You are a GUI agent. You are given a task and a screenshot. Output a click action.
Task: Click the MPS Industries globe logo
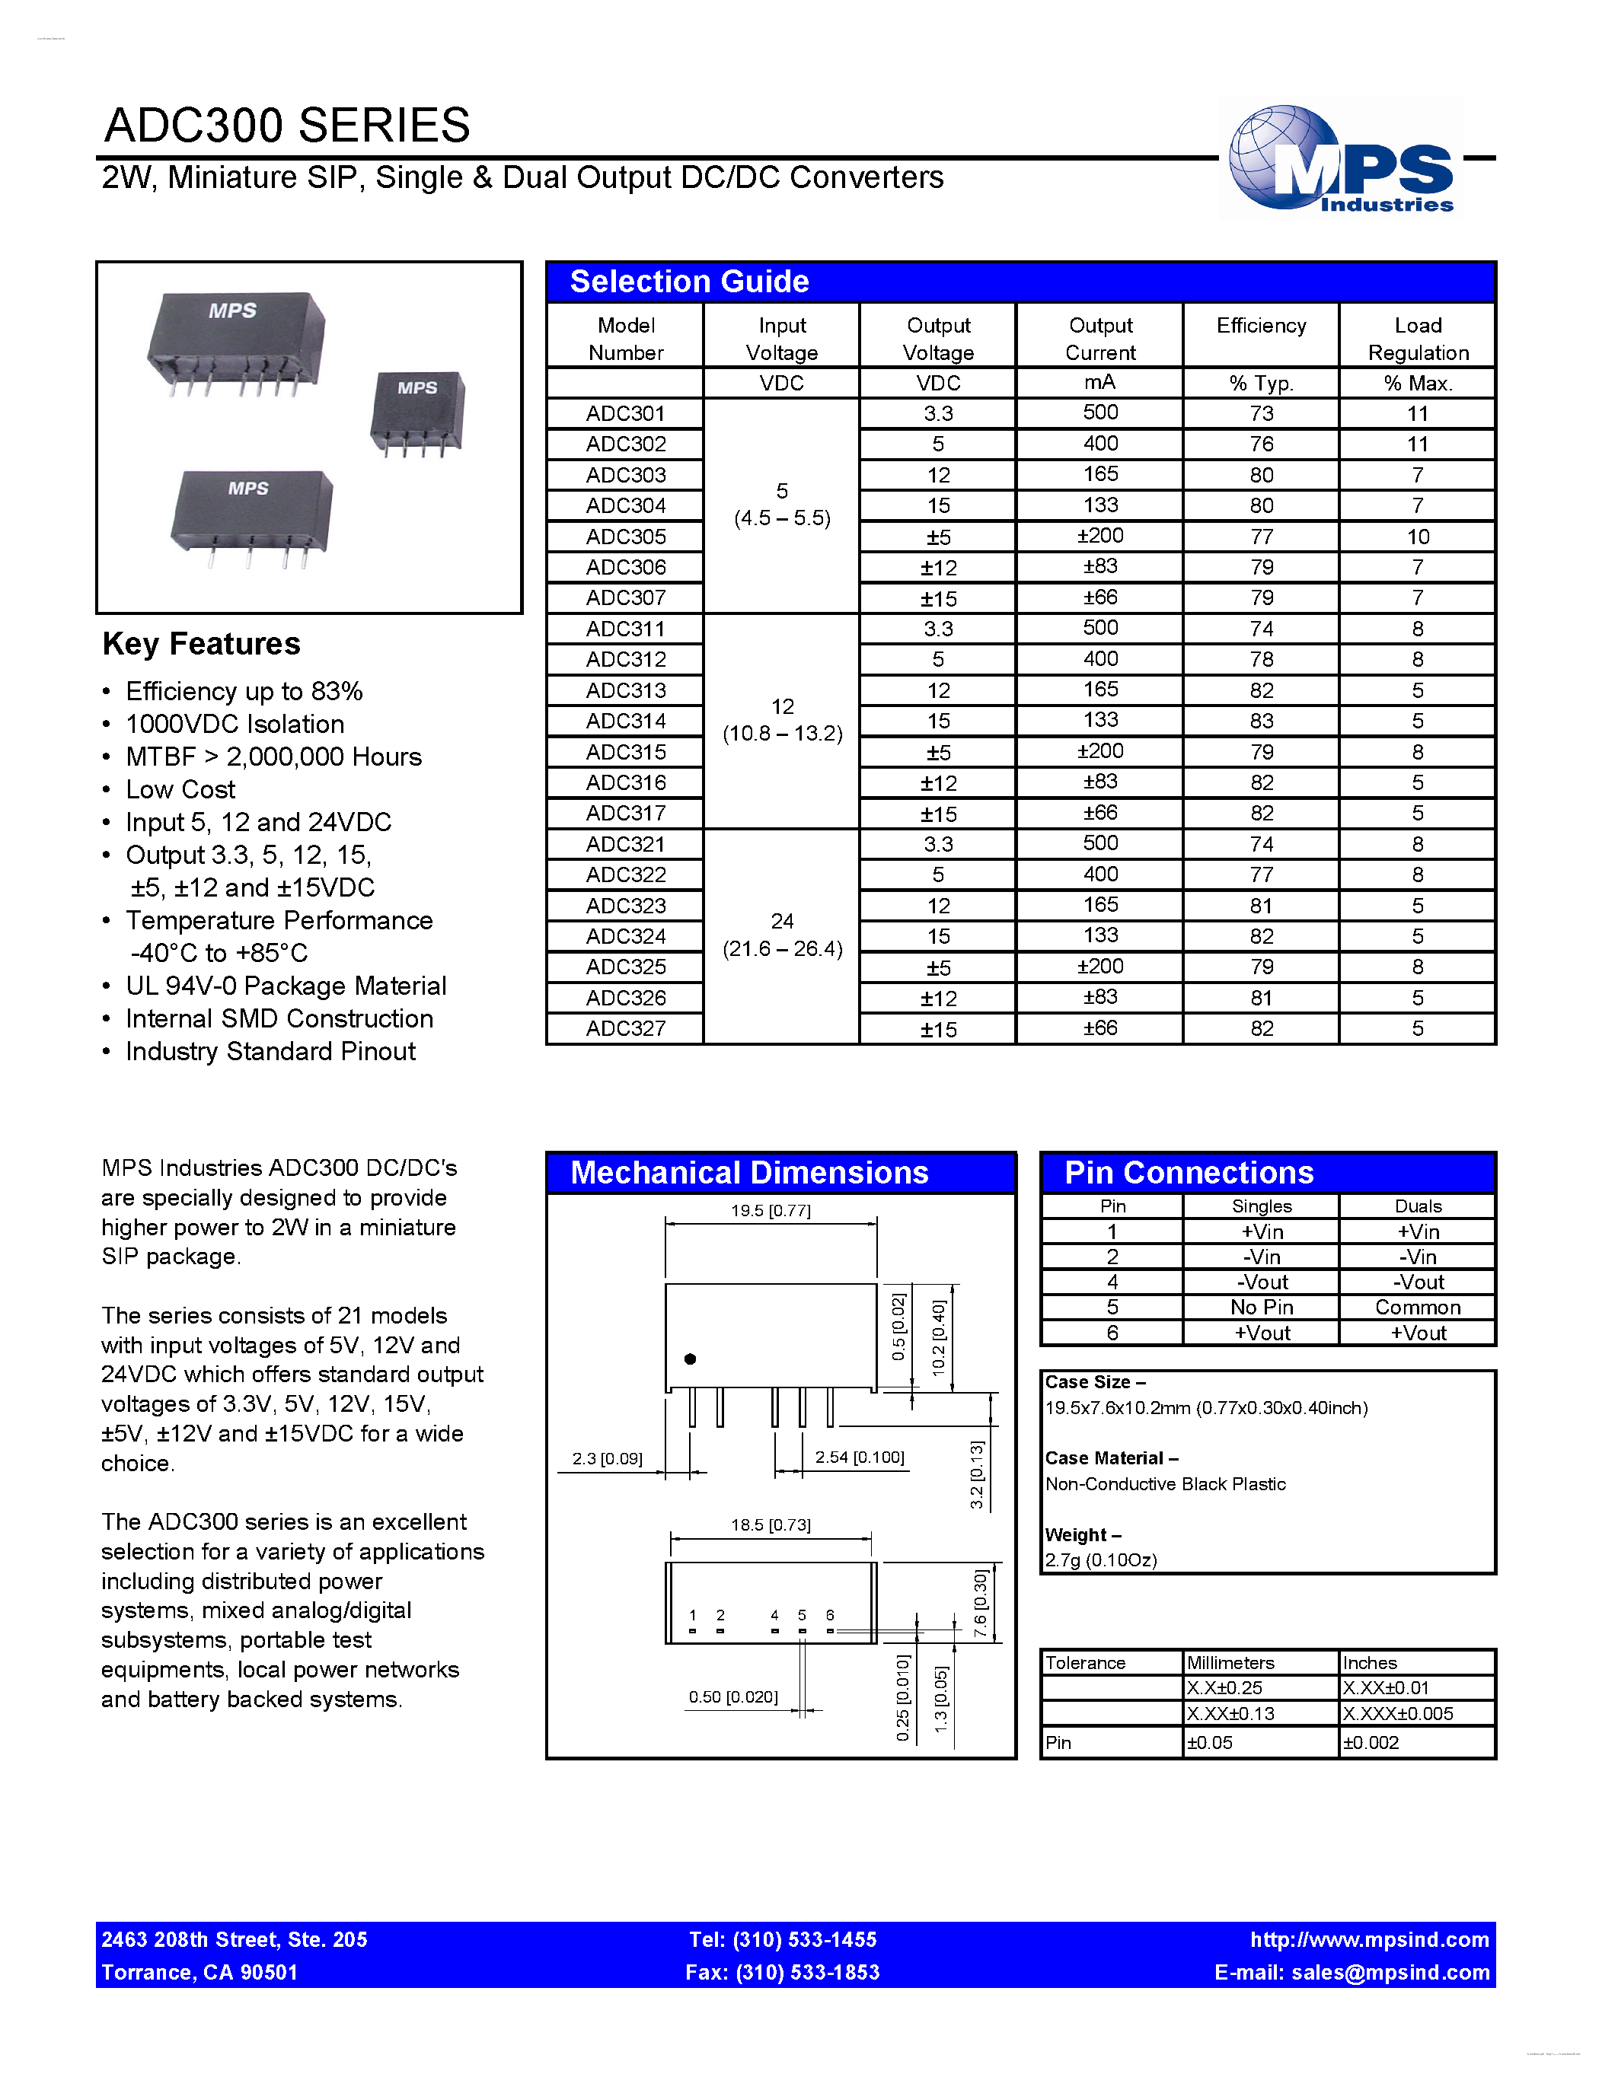coord(1340,159)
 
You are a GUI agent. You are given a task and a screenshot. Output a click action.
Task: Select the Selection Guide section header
coord(689,282)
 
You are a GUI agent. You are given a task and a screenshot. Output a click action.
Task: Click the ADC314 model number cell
coord(625,721)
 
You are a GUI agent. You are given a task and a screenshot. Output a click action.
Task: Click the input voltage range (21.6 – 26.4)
coord(782,949)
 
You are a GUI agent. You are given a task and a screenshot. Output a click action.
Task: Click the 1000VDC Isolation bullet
coord(235,725)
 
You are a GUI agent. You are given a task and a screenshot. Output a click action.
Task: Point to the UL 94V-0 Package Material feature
coord(286,986)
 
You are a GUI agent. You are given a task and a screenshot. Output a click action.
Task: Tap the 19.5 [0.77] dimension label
coord(770,1210)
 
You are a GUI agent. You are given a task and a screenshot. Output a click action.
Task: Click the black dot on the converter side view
coord(689,1359)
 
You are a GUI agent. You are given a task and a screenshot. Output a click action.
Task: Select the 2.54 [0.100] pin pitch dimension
coord(859,1457)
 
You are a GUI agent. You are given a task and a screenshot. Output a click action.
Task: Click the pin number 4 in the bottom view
coord(774,1616)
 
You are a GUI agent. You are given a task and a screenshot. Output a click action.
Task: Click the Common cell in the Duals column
coord(1417,1307)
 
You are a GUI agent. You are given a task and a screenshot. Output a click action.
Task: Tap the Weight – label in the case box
coord(1082,1535)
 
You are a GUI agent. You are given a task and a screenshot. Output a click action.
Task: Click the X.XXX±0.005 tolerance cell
coord(1396,1713)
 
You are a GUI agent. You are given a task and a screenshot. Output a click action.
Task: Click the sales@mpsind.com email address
coord(1389,1972)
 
